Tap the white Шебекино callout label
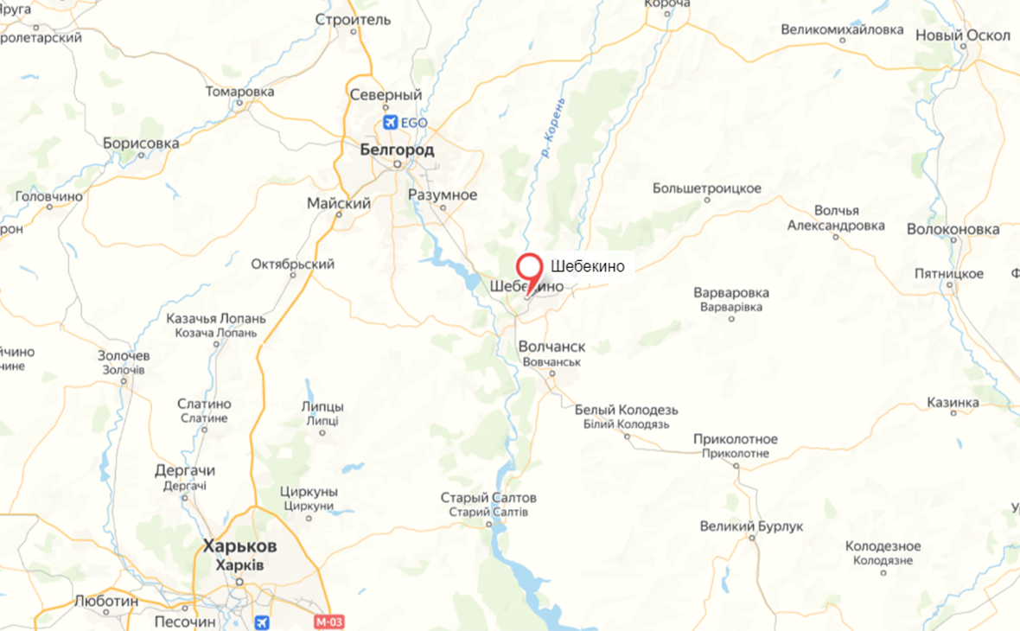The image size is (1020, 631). click(x=587, y=266)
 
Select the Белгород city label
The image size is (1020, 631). click(x=397, y=151)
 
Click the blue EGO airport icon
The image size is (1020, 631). click(x=390, y=123)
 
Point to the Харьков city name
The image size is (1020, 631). click(x=239, y=546)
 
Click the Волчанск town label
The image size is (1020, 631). click(x=551, y=347)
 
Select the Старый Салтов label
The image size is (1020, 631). click(x=488, y=498)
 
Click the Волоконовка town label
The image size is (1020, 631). click(x=953, y=230)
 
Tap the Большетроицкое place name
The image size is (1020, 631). click(x=706, y=188)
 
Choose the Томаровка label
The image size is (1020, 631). click(x=240, y=92)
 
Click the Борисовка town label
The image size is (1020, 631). click(x=141, y=143)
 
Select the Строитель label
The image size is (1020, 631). click(x=353, y=19)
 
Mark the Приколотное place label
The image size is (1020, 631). click(x=735, y=439)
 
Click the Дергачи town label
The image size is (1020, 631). click(x=184, y=471)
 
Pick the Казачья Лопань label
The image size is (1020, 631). click(x=216, y=319)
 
